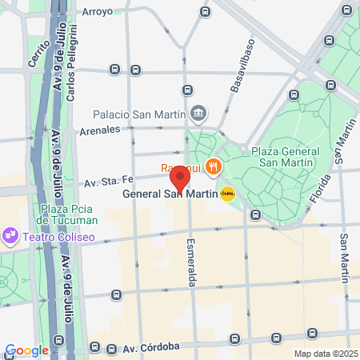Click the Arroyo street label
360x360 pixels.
click(98, 12)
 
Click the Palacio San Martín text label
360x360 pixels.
click(140, 113)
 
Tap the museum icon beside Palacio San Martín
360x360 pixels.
click(199, 113)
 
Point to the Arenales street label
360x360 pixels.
click(99, 128)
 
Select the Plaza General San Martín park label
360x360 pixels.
click(285, 158)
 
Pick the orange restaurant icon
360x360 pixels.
click(212, 167)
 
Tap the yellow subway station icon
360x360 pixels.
click(228, 193)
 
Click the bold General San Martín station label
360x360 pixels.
click(170, 194)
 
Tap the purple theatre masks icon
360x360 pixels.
click(10, 237)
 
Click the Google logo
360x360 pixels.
click(26, 350)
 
